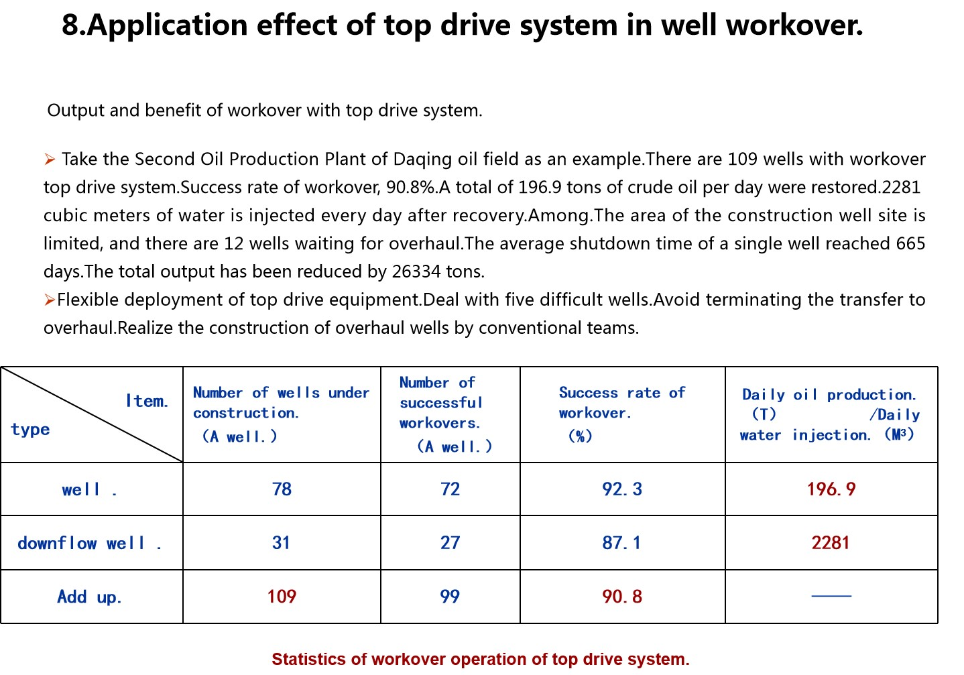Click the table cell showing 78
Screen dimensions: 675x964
pos(282,489)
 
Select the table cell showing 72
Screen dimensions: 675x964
pos(450,489)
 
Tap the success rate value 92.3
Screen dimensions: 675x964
pos(621,489)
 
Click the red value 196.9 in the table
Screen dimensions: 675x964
pos(831,489)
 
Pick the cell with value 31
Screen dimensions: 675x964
pos(281,543)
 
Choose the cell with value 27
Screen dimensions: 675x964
pos(450,543)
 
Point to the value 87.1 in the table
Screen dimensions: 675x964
pos(621,543)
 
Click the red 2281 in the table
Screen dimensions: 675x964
pos(831,543)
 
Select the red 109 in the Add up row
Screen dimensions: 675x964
pos(282,597)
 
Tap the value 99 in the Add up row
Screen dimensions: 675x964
pos(450,597)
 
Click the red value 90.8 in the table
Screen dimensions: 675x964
pos(621,597)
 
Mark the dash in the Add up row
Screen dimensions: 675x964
pos(831,595)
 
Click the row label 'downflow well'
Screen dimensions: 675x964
pos(89,544)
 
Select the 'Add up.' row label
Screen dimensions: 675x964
pos(89,597)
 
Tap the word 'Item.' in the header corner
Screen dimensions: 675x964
pos(147,402)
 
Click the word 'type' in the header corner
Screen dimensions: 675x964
pos(30,430)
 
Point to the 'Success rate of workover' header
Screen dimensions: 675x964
pos(621,403)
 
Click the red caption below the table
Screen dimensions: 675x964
pos(480,660)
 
